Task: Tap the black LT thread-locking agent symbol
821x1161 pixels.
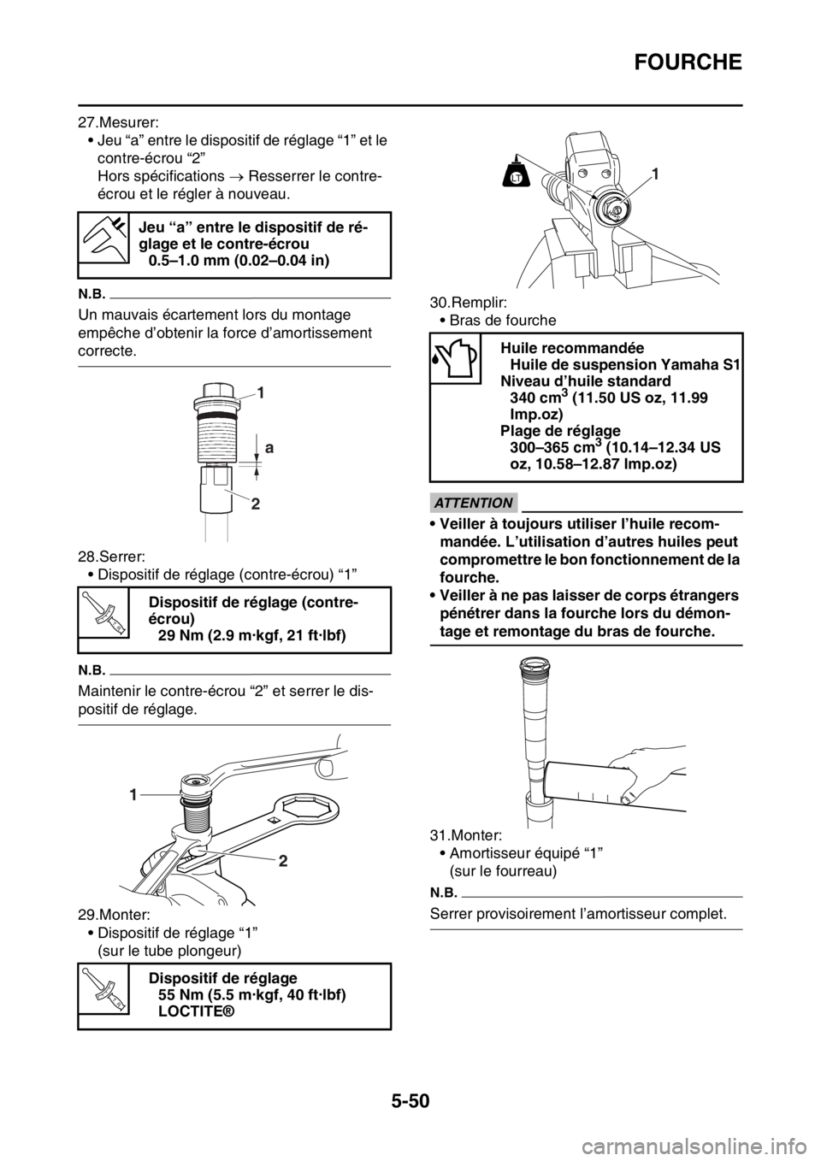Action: pos(516,176)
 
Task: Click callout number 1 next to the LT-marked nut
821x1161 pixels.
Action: pos(654,174)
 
